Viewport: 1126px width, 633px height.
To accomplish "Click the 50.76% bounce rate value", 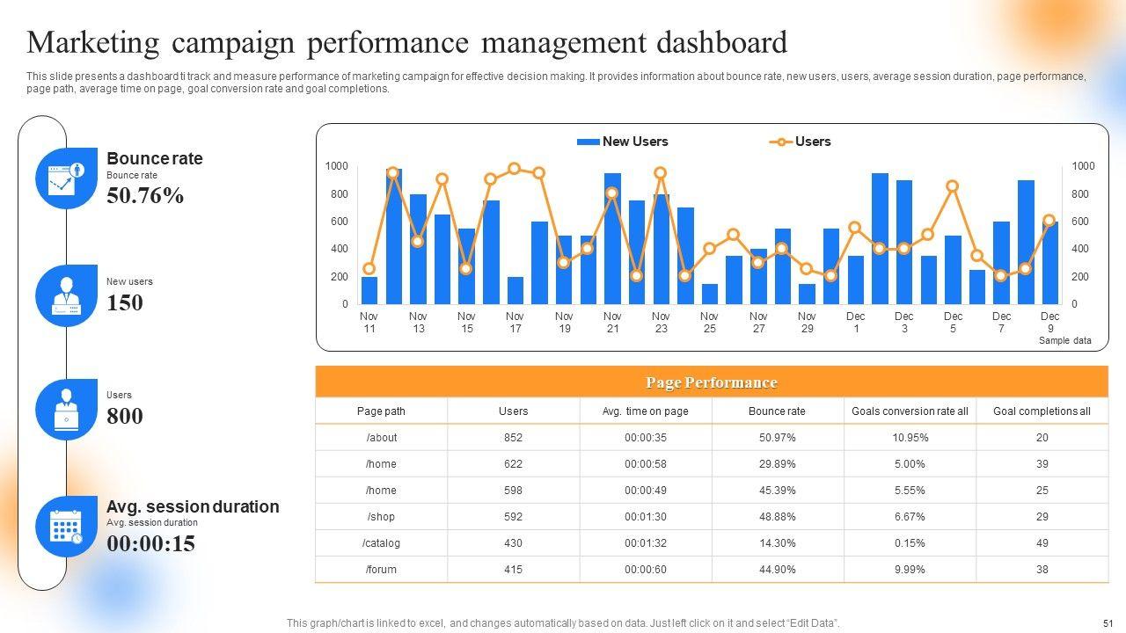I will tap(145, 196).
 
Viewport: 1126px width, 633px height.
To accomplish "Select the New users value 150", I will tap(124, 303).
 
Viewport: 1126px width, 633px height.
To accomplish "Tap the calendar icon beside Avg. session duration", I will tap(66, 527).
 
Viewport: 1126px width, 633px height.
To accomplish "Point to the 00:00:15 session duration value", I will tap(150, 544).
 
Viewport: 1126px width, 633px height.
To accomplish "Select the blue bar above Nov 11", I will tap(369, 291).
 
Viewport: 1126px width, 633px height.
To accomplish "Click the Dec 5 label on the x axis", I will tap(953, 322).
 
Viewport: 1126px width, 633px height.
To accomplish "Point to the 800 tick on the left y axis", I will tap(340, 194).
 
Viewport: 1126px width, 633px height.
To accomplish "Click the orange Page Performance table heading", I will tap(711, 382).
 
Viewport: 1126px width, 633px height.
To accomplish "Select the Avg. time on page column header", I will tap(645, 411).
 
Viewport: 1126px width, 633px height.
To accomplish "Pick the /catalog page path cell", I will tap(382, 543).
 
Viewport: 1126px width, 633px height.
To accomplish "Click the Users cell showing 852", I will tap(513, 438).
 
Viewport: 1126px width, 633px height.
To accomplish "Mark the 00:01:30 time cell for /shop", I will tap(645, 517).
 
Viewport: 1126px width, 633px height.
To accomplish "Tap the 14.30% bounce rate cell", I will tap(777, 543).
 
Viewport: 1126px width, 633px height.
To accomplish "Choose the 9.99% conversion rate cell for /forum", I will tap(909, 570).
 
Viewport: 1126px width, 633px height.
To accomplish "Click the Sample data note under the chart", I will tap(1064, 340).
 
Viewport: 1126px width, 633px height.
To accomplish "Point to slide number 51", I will tap(1108, 623).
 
